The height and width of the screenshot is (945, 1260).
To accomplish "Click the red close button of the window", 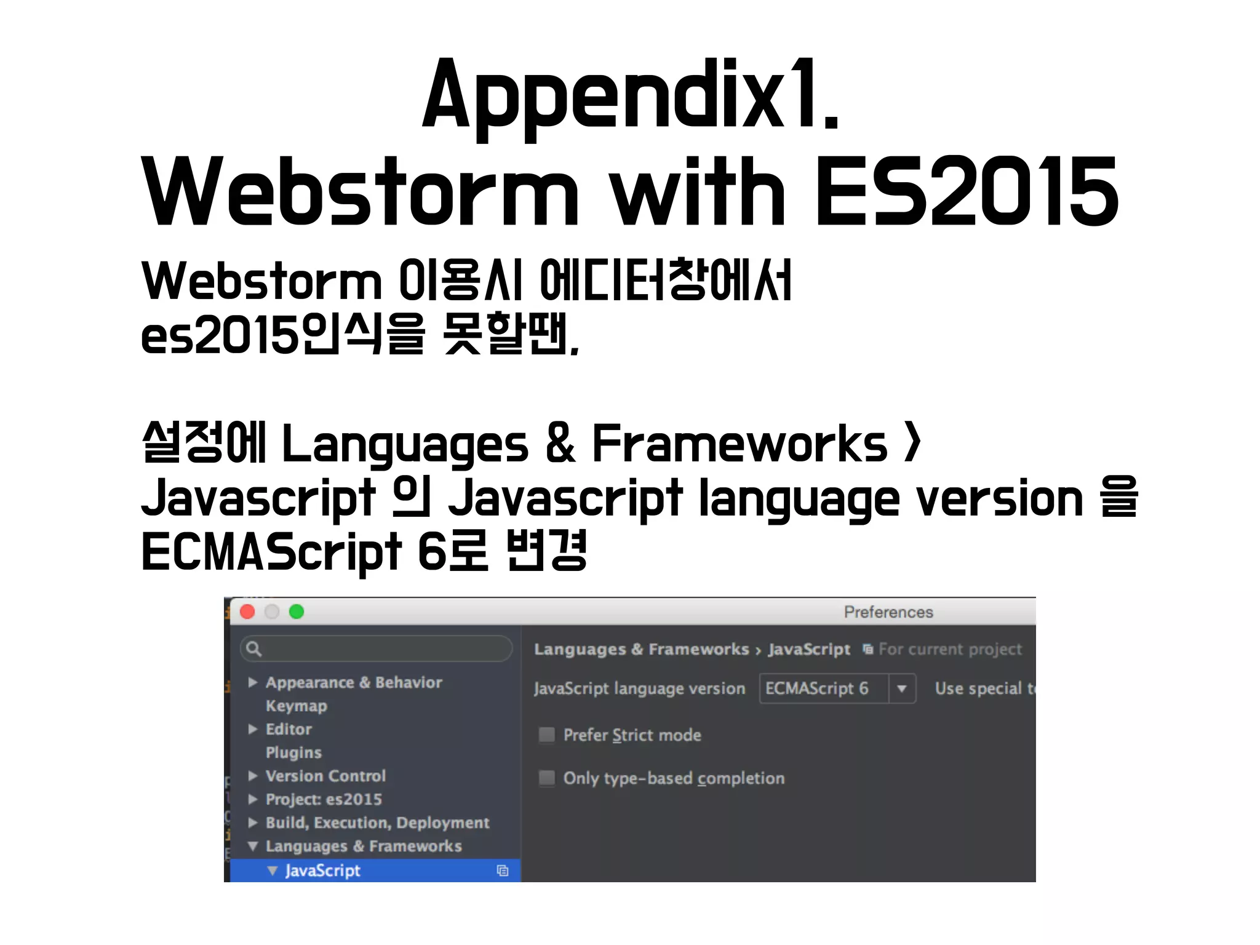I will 247,612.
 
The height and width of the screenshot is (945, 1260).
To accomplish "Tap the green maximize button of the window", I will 297,612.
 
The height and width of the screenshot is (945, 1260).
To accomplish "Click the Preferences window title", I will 888,612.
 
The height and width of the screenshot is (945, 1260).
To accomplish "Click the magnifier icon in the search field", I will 253,648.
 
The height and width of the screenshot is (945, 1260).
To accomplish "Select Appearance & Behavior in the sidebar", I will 353,682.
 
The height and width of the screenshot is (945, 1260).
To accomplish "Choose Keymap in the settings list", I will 296,706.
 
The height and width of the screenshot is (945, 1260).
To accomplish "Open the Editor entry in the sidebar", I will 289,729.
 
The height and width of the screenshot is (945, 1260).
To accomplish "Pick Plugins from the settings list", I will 293,752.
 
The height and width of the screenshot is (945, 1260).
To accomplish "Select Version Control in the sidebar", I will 325,776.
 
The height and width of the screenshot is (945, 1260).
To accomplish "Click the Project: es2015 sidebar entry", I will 324,799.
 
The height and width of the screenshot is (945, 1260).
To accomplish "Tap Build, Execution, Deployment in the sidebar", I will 377,823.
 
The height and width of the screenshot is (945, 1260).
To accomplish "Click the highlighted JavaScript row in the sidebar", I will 322,871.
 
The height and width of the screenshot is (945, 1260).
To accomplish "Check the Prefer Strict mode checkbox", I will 546,735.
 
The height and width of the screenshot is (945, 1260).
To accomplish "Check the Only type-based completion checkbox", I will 546,778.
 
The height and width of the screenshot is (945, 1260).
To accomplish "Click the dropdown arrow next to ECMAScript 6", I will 902,688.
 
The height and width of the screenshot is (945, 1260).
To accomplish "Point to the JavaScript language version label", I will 639,688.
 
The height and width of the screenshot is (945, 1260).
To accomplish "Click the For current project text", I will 949,649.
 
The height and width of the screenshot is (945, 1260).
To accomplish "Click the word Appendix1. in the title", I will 630,95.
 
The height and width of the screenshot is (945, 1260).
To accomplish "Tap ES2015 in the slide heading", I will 967,192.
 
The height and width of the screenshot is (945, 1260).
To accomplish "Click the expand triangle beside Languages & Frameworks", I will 252,846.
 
